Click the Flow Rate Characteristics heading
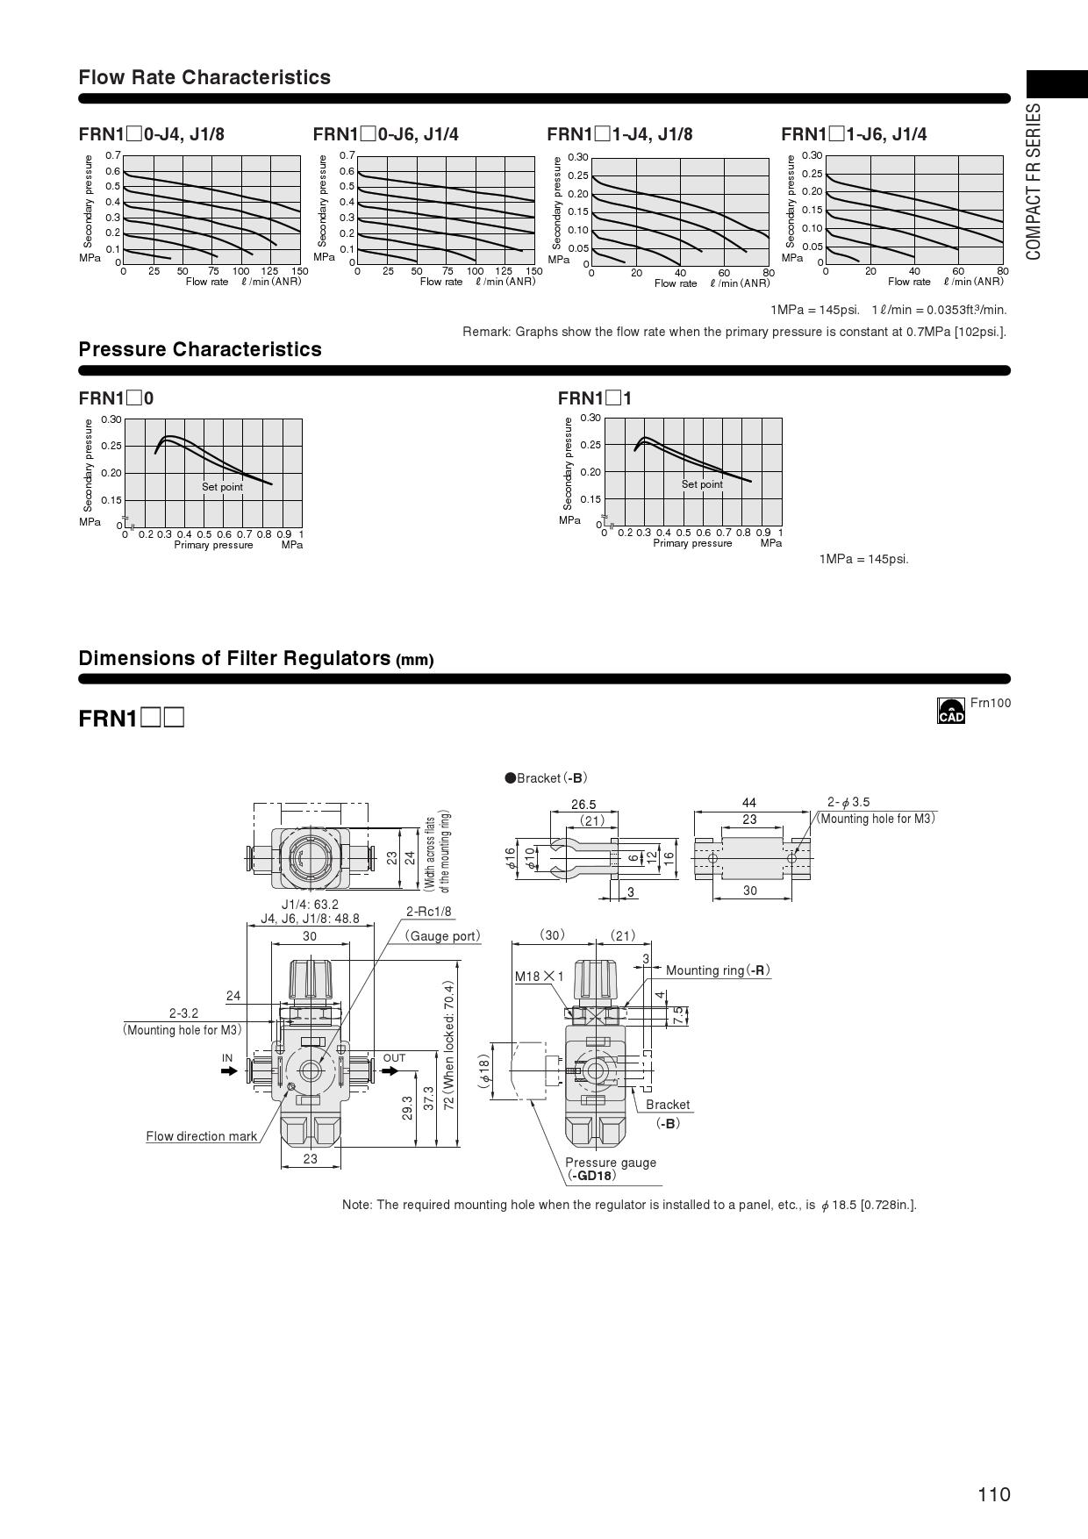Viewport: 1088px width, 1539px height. (x=204, y=77)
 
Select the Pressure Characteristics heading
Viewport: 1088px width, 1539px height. (x=200, y=349)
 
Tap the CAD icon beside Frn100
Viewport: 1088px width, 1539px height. (x=950, y=711)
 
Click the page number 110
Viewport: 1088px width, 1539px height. (x=994, y=1494)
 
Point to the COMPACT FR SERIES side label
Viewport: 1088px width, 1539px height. (x=1034, y=182)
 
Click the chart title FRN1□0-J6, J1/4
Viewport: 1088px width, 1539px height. (x=385, y=134)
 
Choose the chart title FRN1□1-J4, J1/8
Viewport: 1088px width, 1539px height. (x=619, y=134)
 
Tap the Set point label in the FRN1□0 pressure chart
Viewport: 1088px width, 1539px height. (x=222, y=487)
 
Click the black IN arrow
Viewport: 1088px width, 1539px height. (x=229, y=1071)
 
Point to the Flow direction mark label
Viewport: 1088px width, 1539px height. (x=202, y=1136)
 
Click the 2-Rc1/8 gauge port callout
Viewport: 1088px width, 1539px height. (x=428, y=912)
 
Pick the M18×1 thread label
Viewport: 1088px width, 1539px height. (x=539, y=977)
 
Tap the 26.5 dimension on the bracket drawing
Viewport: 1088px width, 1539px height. (x=583, y=805)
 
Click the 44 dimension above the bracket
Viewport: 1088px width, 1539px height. (x=748, y=803)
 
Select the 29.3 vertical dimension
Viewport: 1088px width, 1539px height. (x=407, y=1108)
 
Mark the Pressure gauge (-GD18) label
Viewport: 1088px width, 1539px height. (x=611, y=1169)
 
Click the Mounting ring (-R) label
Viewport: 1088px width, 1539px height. (x=718, y=970)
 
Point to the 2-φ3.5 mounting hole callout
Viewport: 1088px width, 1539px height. (x=848, y=802)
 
